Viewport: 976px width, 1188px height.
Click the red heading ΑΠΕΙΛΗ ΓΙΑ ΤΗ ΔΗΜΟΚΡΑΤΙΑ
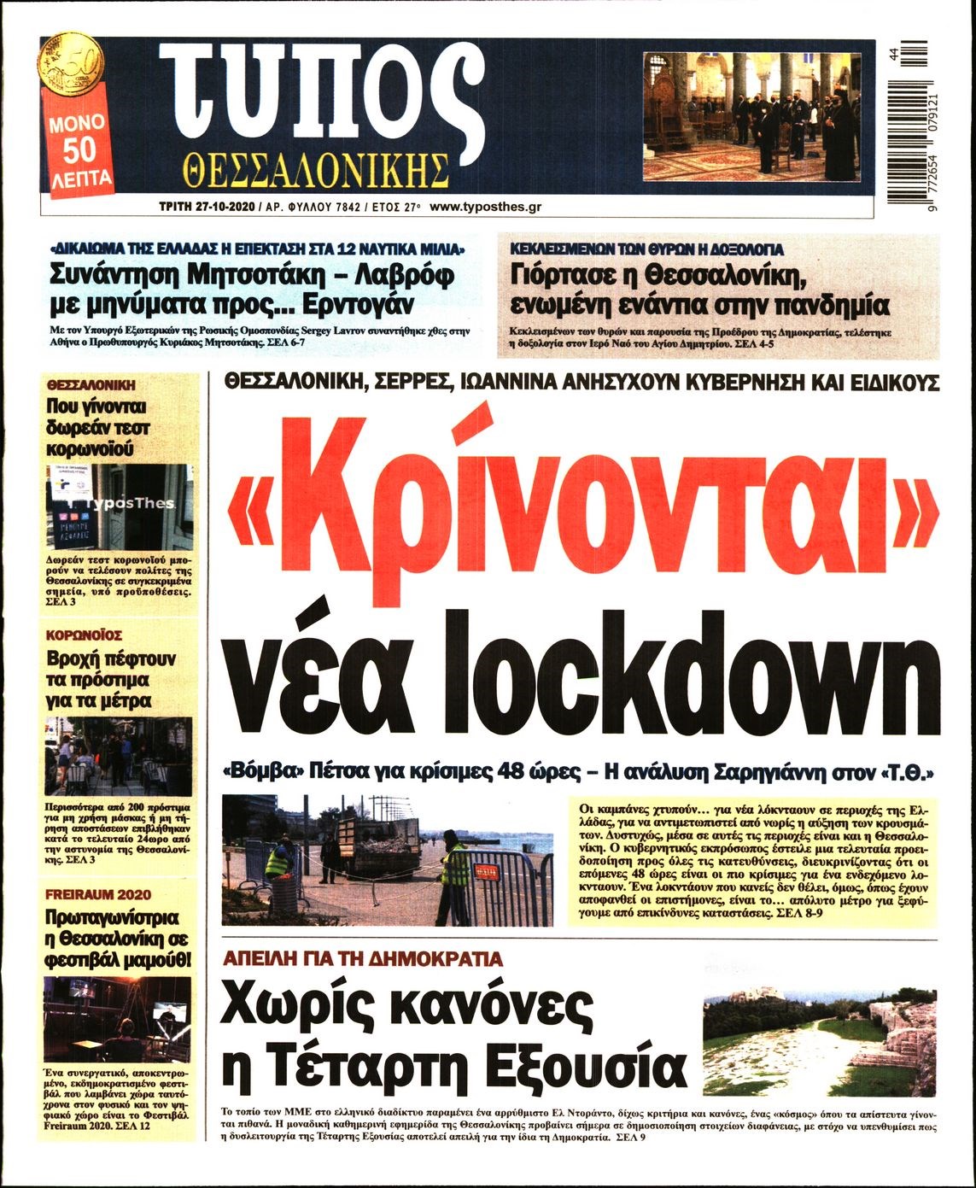[x=361, y=960]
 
